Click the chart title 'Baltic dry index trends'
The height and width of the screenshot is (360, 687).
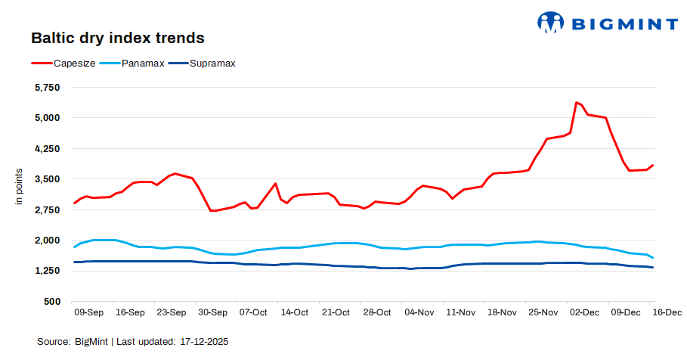point(117,37)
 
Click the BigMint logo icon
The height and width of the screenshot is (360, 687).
point(551,22)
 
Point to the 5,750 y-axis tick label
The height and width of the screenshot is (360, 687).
point(47,88)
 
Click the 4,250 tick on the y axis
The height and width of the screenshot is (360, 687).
point(47,149)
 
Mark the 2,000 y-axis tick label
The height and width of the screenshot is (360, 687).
point(47,241)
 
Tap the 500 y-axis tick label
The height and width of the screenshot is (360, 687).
point(52,302)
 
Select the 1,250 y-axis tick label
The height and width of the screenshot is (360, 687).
point(47,271)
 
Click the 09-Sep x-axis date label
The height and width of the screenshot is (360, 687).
point(89,312)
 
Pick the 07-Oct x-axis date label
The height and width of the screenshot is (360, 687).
point(253,312)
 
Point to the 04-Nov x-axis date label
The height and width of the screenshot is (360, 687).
point(419,312)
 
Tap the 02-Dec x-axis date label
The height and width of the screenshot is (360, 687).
point(584,312)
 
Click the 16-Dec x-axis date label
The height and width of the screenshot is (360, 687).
point(667,312)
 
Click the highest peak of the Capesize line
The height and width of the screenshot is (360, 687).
point(576,102)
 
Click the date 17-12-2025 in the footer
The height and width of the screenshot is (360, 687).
point(204,342)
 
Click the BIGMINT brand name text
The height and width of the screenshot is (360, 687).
point(624,23)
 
